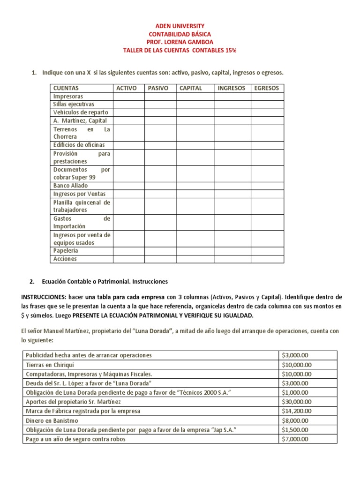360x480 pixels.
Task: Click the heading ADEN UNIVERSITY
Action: coord(180,26)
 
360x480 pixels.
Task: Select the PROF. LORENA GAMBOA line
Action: coord(180,42)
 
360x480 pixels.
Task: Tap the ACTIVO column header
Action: coord(127,88)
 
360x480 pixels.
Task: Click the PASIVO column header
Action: coord(158,88)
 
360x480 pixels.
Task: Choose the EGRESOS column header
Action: coord(266,88)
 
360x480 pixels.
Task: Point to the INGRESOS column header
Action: coord(232,88)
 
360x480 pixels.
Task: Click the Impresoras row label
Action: coord(68,96)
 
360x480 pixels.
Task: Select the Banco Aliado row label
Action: coord(70,186)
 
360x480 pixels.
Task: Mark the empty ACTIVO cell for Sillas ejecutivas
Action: coord(128,104)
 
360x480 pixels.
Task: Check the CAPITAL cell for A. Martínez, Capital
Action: coord(195,120)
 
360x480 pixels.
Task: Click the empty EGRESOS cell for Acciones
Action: coord(267,259)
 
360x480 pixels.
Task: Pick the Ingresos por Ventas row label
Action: coord(79,194)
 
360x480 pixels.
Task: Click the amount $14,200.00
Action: coord(297,411)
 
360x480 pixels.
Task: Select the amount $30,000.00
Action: coord(297,402)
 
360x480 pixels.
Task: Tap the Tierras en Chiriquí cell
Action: coord(51,365)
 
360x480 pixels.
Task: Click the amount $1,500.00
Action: coord(295,430)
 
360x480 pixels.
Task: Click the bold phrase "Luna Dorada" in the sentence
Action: coord(153,331)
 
